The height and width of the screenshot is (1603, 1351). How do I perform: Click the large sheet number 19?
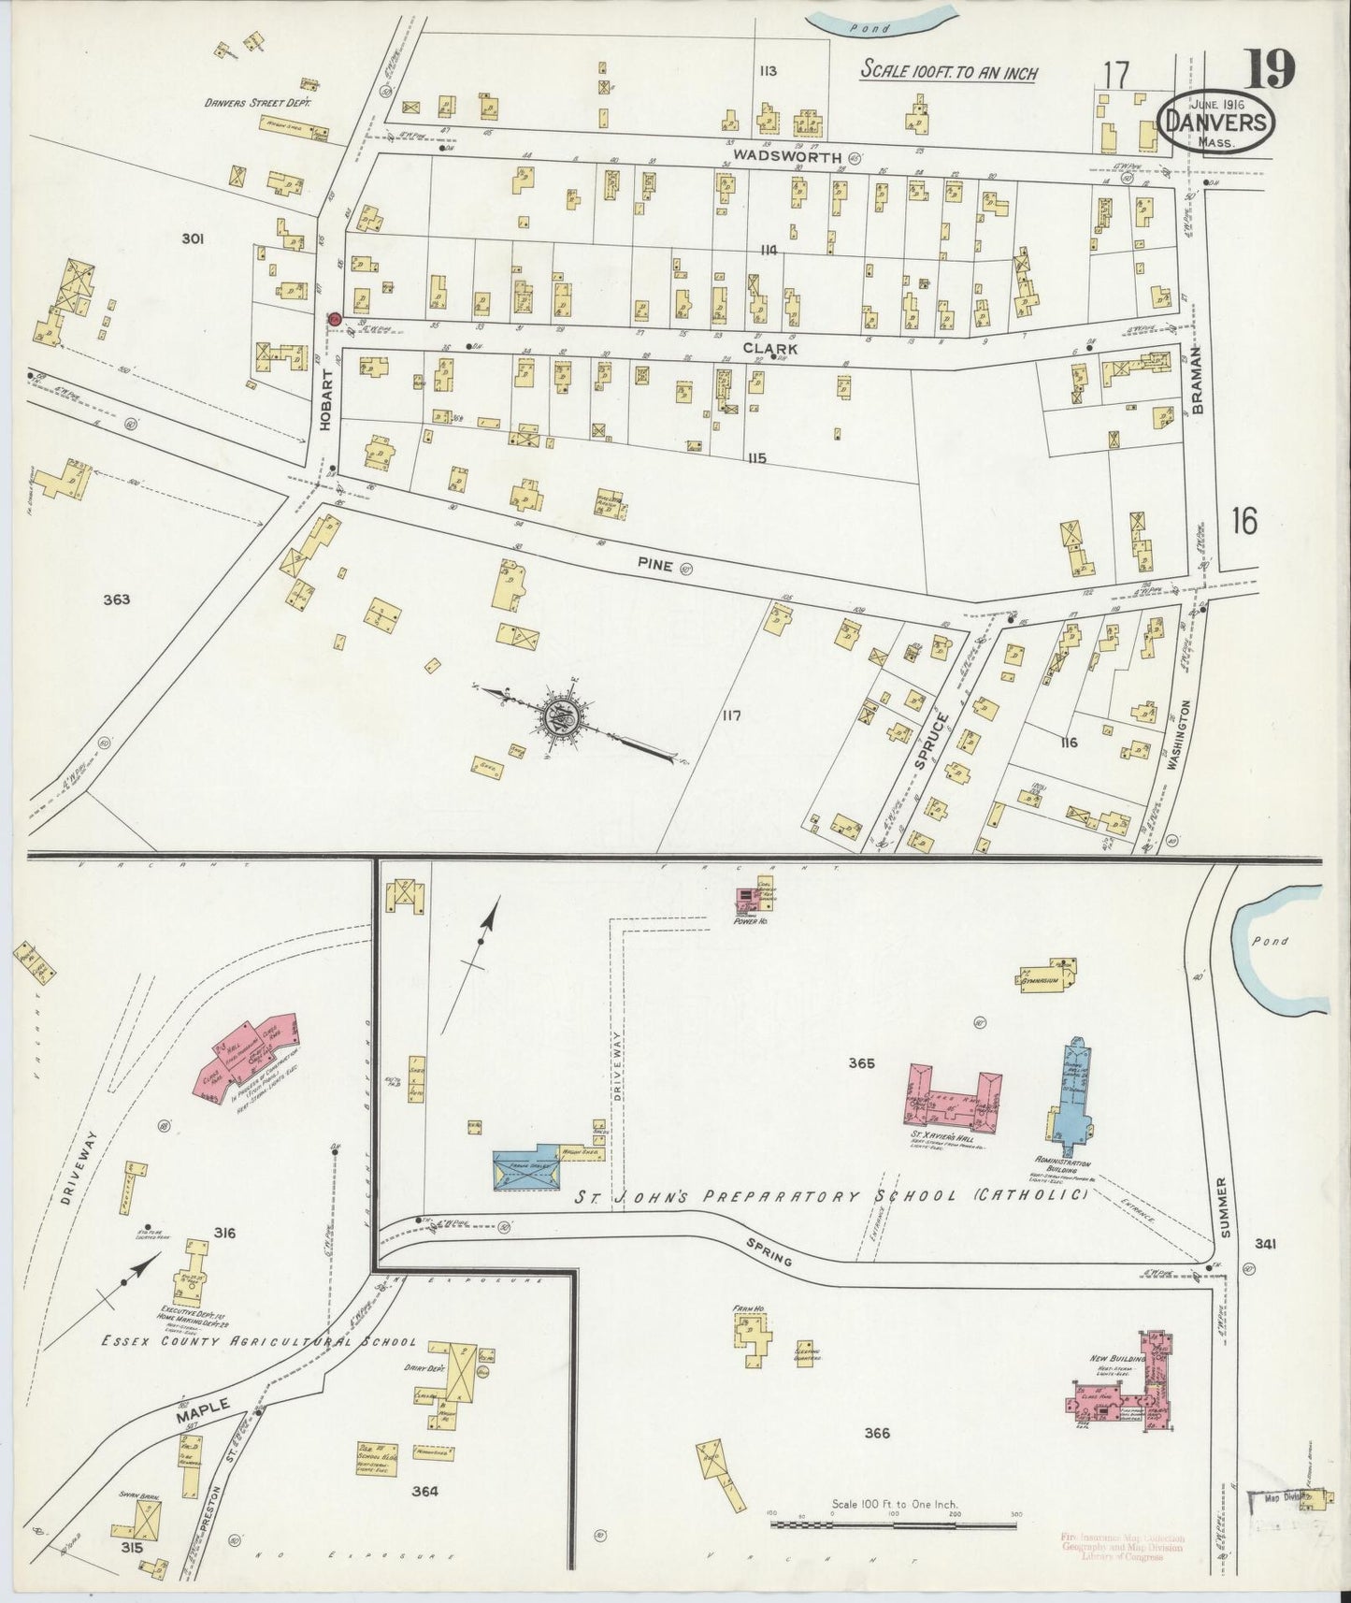coord(1270,68)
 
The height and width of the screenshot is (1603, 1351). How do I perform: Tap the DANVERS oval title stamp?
coord(1214,122)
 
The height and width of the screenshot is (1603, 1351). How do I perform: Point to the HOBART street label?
coord(325,410)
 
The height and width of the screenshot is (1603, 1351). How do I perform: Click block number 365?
coord(861,1062)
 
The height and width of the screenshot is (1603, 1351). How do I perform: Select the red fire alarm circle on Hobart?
coord(332,320)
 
